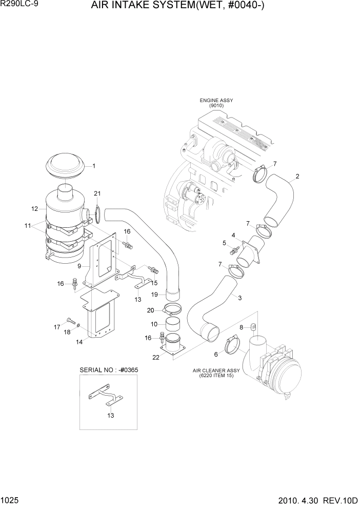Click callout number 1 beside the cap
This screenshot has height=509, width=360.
tap(94, 166)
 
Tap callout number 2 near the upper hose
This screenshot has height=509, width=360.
tap(297, 177)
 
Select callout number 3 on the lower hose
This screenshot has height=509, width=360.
tap(239, 298)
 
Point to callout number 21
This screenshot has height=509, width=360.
tap(97, 193)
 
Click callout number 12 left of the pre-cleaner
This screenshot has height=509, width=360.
tap(35, 209)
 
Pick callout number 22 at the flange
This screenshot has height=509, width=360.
tap(156, 358)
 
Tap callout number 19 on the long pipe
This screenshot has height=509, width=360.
tap(154, 295)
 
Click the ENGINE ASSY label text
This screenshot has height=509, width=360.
tap(216, 101)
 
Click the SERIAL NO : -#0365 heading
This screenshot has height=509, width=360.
tap(109, 370)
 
